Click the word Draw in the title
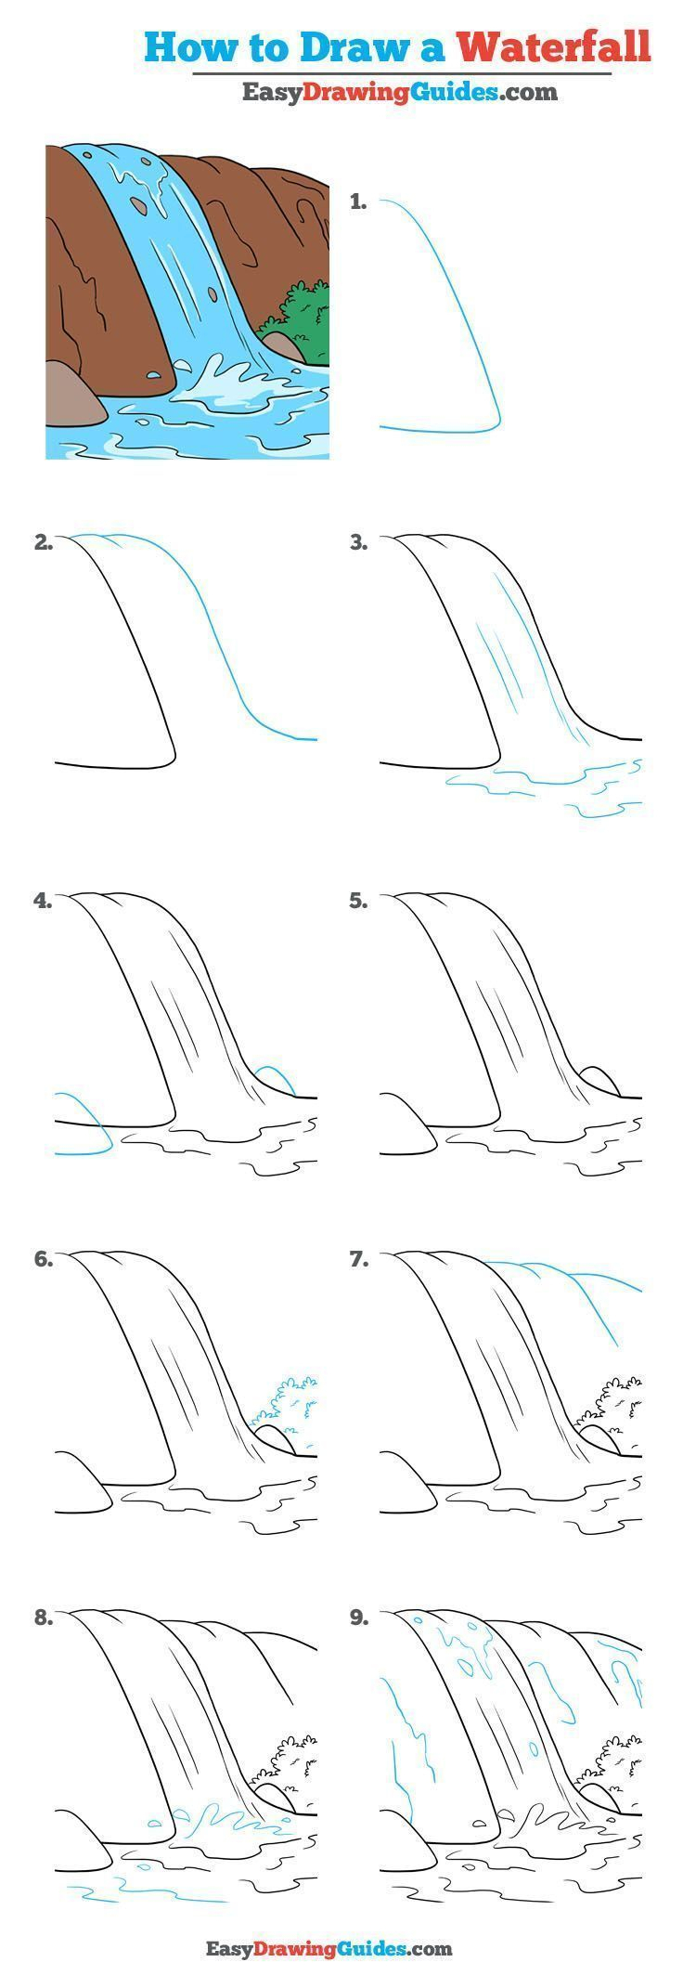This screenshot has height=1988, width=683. pos(332,46)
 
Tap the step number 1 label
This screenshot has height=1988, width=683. pos(358,201)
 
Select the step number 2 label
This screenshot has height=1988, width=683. pos(43,544)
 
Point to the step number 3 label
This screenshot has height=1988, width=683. pos(358,544)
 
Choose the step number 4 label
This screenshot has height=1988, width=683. pos(43,901)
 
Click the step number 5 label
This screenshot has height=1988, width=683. pos(358,901)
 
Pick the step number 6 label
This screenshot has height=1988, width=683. pos(43,1260)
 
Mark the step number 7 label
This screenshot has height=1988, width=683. pos(358,1260)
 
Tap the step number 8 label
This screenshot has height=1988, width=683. pos(43,1618)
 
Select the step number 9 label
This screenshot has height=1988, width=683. pos(358,1618)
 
